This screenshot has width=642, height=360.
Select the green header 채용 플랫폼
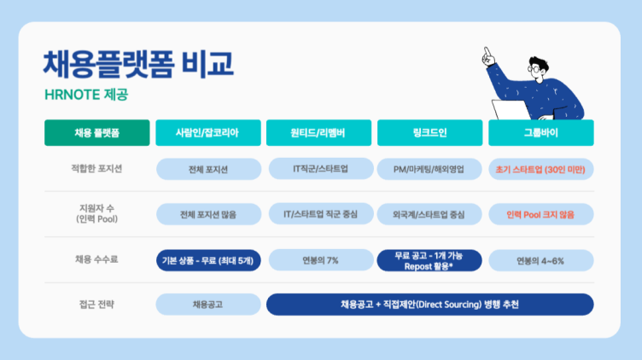point(96,133)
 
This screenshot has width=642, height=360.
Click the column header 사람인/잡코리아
point(207,133)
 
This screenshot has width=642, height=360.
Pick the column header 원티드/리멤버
point(319,133)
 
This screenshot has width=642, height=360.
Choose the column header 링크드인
point(429,133)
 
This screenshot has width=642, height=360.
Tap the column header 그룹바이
point(540,133)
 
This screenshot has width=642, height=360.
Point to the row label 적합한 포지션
point(96,169)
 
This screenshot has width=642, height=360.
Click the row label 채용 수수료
point(96,259)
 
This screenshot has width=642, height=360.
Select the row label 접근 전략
point(96,305)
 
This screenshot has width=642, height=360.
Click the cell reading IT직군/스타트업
point(319,169)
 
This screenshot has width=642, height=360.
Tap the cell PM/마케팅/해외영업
point(429,169)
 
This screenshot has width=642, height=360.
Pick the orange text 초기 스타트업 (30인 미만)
point(540,169)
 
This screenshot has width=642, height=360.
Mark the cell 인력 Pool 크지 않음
point(540,214)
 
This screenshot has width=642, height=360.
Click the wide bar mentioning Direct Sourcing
point(429,305)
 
